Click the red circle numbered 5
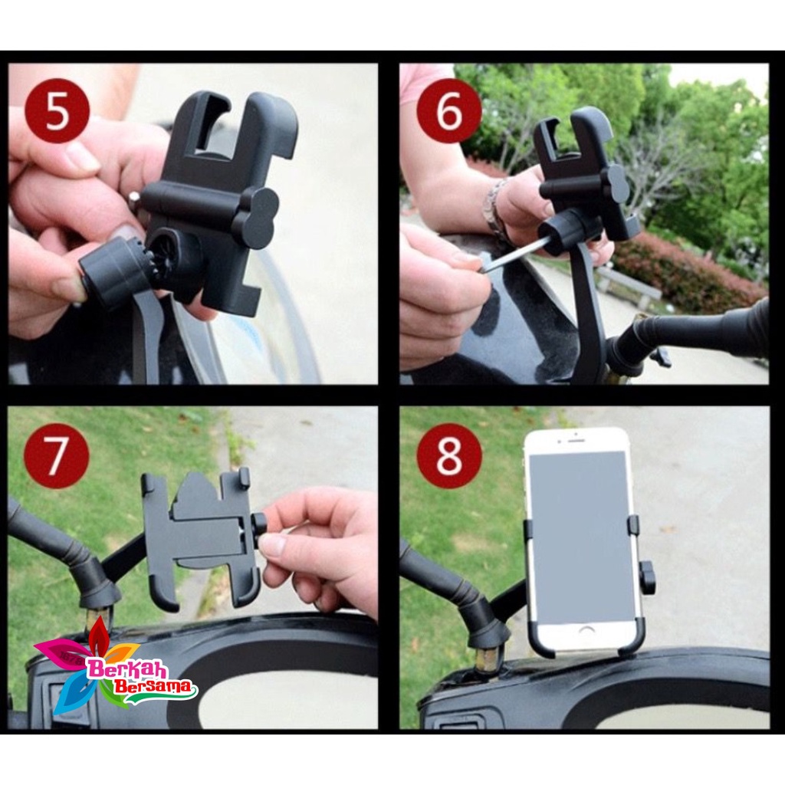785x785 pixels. pos(57,110)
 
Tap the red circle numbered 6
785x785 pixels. pos(449,110)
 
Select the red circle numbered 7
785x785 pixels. pos(57,455)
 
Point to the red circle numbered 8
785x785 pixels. pos(449,455)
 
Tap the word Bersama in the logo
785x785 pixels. pos(153,686)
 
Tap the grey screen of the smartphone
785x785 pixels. pos(579,537)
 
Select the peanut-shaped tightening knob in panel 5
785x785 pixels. pos(256,218)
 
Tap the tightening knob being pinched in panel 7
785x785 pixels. pos(259,530)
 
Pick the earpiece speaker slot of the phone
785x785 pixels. pos(576,441)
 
